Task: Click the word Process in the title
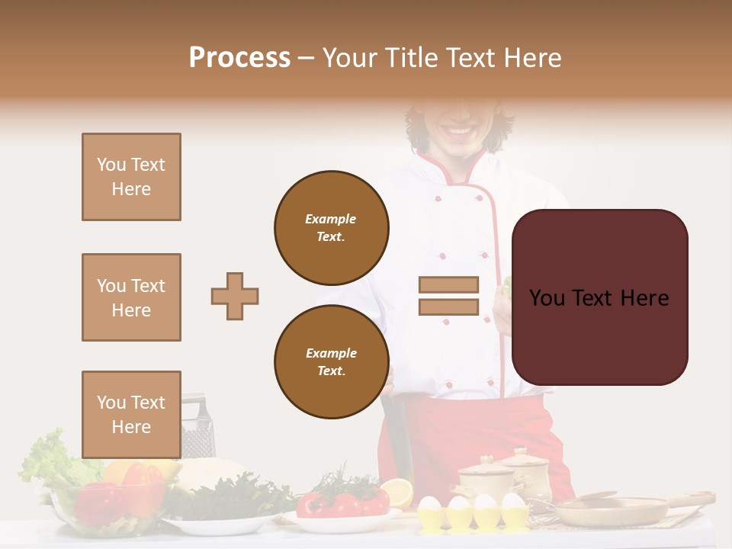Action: tap(239, 57)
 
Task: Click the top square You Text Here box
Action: tap(131, 177)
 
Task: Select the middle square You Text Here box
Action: tap(131, 297)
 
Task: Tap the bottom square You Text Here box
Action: tap(131, 414)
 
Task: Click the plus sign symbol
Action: tap(235, 296)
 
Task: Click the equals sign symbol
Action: tap(448, 296)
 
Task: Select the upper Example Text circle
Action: tap(331, 227)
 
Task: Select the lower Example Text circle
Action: tap(331, 361)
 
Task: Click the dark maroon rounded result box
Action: tap(599, 297)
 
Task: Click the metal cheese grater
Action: tap(197, 431)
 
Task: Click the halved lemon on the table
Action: tap(396, 492)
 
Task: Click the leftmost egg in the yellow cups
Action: tap(431, 506)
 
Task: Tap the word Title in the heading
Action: tap(416, 57)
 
